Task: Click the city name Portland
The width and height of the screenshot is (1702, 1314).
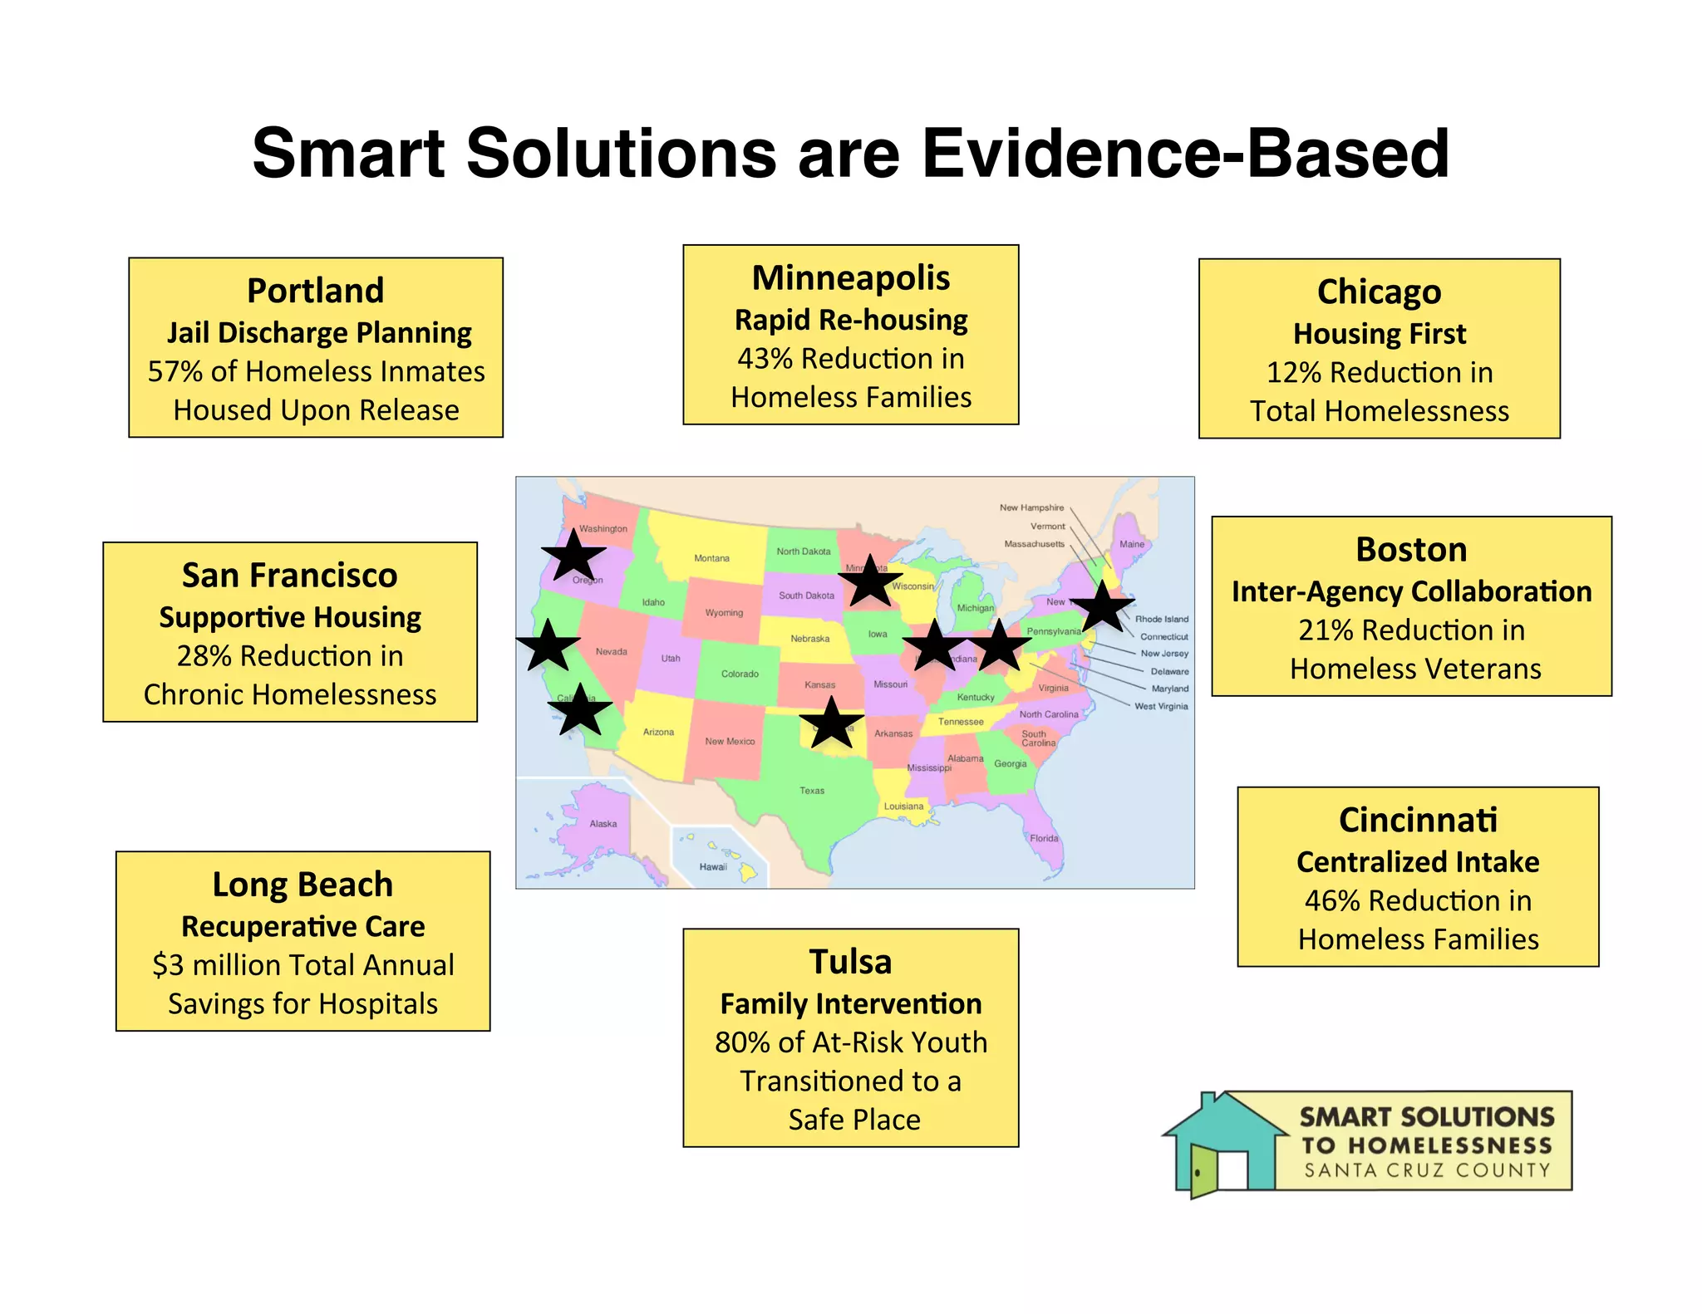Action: pos(315,292)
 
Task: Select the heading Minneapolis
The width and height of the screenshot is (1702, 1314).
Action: pos(850,278)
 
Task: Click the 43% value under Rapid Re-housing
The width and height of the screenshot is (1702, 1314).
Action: pos(765,359)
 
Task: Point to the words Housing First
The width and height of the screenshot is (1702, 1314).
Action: pos(1379,334)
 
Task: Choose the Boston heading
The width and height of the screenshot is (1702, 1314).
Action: pos(1411,550)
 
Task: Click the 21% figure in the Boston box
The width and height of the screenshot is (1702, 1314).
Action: pos(1326,630)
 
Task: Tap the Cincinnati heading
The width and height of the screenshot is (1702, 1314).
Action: pos(1418,821)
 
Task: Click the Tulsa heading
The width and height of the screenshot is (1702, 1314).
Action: pos(850,963)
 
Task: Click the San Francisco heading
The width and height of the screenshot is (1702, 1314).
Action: pos(289,576)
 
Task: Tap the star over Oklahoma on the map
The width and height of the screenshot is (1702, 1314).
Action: pos(831,724)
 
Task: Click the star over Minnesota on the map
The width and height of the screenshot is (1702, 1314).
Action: pos(870,581)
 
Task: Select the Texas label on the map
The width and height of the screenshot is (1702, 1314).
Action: pos(812,791)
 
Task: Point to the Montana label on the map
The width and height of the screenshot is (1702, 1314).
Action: pos(711,558)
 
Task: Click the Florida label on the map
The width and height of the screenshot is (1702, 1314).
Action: pos(1044,838)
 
